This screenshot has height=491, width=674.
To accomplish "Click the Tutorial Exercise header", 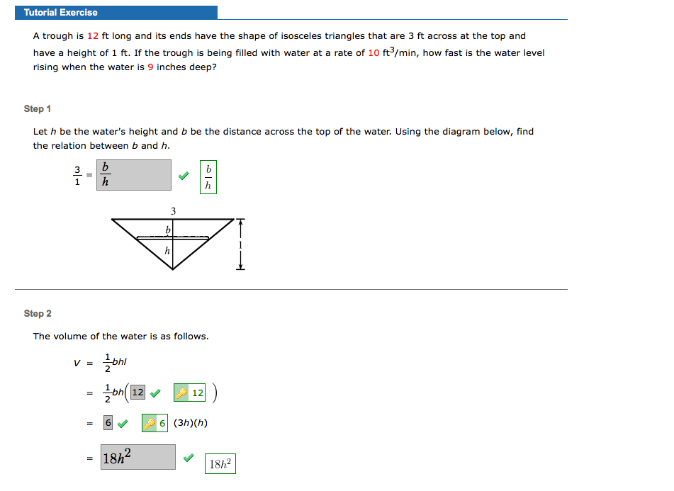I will point(61,13).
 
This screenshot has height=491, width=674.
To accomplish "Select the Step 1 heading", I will point(38,108).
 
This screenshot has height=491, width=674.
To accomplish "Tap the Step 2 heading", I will point(38,313).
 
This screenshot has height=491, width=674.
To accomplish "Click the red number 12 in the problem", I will point(93,36).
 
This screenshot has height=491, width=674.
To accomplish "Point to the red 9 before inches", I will point(150,67).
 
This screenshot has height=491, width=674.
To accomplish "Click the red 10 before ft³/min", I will point(373,53).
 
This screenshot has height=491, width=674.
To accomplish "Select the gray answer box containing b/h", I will point(134,175).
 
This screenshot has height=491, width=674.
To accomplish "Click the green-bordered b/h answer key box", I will point(208,176).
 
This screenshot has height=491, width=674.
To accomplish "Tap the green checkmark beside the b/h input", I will point(184,176).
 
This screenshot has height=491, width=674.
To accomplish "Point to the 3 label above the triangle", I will point(173,211).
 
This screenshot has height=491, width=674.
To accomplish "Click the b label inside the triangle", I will point(168,230).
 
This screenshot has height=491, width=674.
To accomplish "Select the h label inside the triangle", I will point(167,250).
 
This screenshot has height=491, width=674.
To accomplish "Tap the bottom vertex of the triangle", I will point(173,269).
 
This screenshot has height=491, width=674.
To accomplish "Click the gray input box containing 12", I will point(137,392).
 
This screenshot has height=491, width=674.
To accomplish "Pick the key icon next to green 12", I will point(181,393).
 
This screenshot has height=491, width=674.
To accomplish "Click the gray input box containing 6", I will point(108,423).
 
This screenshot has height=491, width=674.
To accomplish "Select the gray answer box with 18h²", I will point(137,457).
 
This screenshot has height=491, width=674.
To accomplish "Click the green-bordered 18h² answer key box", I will point(220,464).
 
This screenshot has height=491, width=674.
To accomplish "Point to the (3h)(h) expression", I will point(190,423).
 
